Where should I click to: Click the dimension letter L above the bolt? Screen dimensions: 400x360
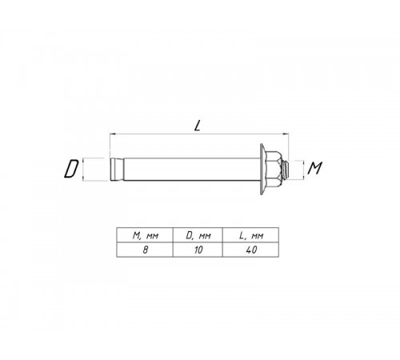pos(197,126)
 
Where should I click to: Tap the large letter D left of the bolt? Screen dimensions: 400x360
pos(71,169)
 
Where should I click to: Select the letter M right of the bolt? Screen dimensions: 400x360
pos(315,168)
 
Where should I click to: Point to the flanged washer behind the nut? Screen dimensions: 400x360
pos(262,169)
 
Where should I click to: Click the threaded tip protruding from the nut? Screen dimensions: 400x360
pos(286,170)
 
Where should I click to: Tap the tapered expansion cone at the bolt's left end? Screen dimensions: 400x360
pos(116,170)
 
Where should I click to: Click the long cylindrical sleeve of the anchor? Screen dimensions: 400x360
pos(192,170)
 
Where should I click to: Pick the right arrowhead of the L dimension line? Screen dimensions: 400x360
pos(286,134)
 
